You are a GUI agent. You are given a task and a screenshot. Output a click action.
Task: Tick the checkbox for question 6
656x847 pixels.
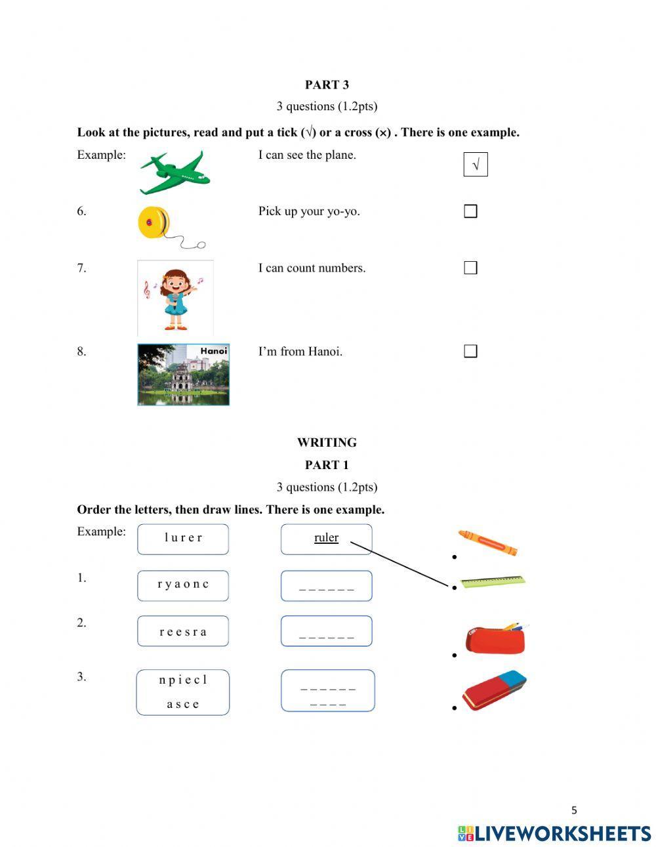pos(470,211)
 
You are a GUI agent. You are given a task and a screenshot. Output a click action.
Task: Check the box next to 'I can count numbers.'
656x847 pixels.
pos(470,268)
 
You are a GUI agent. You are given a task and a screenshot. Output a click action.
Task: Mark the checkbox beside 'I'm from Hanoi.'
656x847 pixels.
pos(470,351)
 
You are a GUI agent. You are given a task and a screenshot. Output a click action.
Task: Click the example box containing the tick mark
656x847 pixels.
pos(476,164)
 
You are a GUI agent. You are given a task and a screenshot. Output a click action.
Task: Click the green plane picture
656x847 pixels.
pos(174,173)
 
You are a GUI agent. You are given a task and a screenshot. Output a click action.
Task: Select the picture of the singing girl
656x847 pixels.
pos(175,298)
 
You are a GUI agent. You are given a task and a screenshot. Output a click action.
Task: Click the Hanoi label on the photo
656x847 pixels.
pos(213,351)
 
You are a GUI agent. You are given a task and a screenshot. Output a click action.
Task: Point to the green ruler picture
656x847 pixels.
pos(493,581)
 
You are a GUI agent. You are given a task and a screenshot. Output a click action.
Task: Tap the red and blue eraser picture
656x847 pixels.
pos(495,691)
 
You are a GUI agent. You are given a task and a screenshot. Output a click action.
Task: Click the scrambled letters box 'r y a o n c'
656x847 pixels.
pos(183,585)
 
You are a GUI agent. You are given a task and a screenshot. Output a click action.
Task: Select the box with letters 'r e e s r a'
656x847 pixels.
pos(183,631)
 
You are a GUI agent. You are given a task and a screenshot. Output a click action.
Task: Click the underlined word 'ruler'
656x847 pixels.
pos(326,538)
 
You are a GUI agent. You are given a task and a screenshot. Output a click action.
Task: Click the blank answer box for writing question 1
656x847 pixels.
pos(326,585)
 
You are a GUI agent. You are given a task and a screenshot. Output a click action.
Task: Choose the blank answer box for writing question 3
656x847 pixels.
pos(327,691)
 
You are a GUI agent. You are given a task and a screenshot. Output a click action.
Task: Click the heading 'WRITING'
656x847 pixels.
pos(327,442)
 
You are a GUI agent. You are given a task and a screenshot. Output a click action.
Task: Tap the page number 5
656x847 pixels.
pos(574,810)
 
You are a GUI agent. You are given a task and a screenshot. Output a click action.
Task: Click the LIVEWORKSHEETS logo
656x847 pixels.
pos(554,833)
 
